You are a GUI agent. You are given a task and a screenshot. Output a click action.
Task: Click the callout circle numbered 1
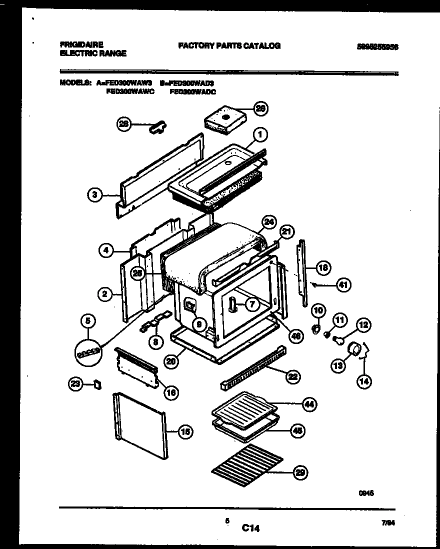pos(260,134)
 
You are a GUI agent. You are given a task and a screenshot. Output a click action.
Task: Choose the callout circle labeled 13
pos(338,366)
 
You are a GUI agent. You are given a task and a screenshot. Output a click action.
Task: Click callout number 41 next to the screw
pos(342,285)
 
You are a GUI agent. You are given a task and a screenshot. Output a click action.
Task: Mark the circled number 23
pos(75,384)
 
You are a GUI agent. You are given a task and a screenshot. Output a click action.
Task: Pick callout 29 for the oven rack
pos(300,473)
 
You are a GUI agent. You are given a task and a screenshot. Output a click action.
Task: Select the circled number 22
pos(292,377)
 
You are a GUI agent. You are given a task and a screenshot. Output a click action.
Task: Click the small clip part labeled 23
pos(97,384)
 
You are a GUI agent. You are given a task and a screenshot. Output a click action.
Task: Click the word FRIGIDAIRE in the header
pos(81,45)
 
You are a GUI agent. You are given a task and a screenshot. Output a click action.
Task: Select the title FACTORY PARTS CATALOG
pos(229,45)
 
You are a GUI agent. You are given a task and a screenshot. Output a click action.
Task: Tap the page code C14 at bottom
pos(251,527)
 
